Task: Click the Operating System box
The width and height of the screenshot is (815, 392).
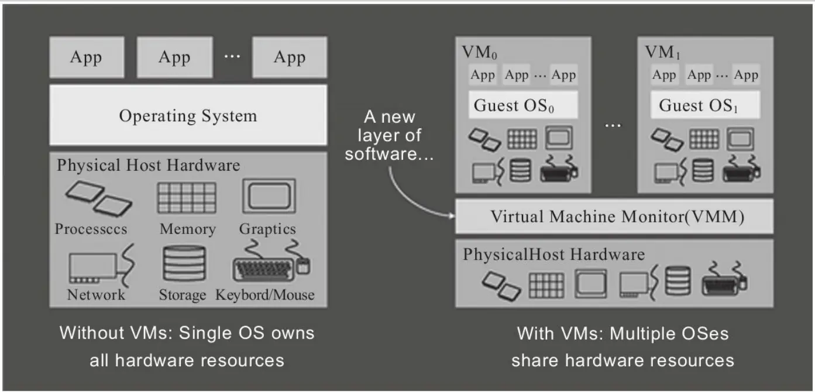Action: pos(188,115)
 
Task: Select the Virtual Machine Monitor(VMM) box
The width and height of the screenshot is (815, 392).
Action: pos(614,216)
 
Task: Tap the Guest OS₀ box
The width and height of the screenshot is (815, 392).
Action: pos(523,105)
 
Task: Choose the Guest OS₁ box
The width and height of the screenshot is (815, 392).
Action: pos(705,105)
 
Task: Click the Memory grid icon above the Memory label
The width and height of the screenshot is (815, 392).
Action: pos(187,198)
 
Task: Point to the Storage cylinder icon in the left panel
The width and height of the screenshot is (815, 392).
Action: pos(184,263)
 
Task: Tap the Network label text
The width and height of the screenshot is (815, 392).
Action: pos(96,294)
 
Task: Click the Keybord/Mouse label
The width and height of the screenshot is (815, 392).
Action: pos(265,295)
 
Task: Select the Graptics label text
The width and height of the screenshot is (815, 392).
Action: pos(267,229)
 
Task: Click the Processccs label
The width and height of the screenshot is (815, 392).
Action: pos(91,229)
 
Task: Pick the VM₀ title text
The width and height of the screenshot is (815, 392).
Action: pos(480,53)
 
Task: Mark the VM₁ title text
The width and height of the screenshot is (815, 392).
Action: pos(662,53)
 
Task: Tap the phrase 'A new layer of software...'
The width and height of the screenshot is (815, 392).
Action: pos(389,135)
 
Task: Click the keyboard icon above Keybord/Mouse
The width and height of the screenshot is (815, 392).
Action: pos(271,261)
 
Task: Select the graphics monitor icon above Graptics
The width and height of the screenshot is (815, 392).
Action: pos(269,196)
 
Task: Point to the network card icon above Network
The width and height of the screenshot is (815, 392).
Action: pos(102,266)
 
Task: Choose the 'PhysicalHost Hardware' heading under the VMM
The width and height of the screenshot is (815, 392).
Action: pos(553,255)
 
